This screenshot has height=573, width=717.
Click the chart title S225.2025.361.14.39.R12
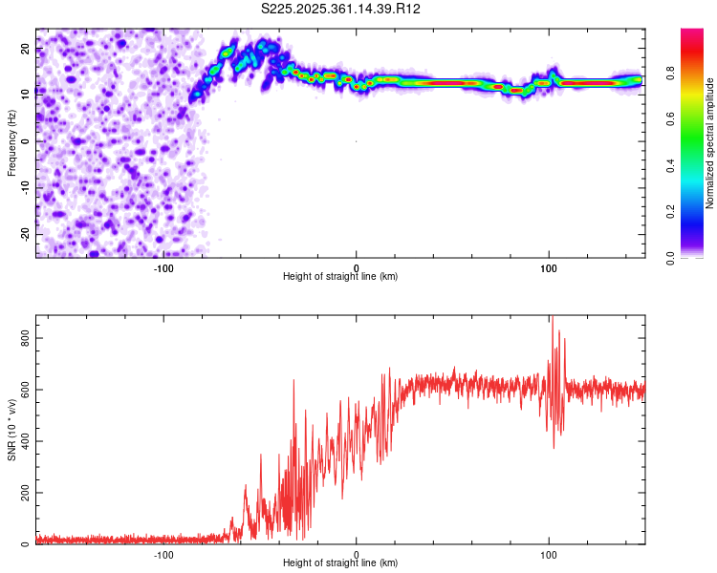pos(340,9)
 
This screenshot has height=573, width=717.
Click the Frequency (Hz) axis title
pos(11,143)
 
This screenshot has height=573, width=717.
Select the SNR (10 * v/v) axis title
pos(11,430)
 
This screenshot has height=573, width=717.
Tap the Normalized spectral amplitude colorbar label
pos(709,143)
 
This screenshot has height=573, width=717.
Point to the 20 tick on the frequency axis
pos(26,49)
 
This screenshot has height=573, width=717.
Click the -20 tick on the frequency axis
pos(26,235)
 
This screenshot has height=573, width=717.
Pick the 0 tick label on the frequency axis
pos(26,141)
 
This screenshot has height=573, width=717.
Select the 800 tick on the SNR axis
pos(26,338)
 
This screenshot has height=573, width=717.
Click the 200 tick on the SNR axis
pos(26,493)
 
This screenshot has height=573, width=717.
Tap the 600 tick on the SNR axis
pos(26,390)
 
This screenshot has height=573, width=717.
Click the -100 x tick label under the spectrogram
pos(163,268)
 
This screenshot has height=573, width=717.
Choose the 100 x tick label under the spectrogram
pos(549,268)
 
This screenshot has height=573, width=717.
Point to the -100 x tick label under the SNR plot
pos(163,555)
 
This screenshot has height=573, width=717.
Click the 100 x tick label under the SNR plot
pos(549,555)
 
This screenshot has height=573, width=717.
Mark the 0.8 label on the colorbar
pos(671,73)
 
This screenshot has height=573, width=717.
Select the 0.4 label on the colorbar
pos(671,166)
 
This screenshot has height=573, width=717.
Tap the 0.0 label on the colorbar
pos(671,259)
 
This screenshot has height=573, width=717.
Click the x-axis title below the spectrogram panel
pos(340,276)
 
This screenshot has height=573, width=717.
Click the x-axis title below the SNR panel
pos(340,562)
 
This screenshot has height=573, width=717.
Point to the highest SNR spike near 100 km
pos(553,317)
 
